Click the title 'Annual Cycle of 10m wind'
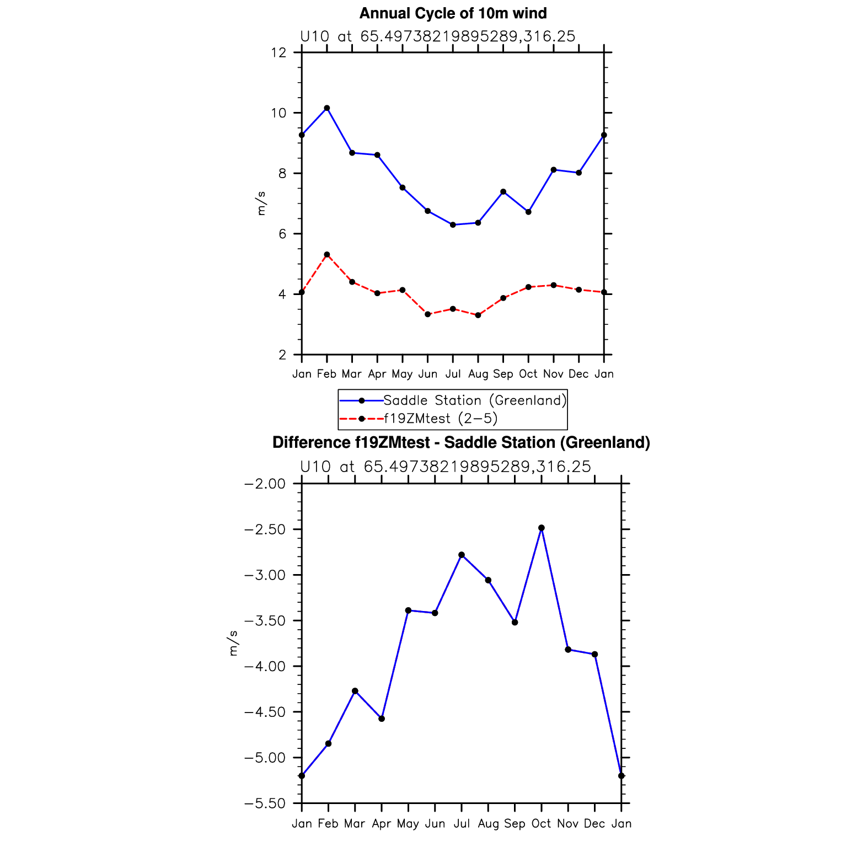[453, 13]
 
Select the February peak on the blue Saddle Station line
[327, 108]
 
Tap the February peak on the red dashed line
[327, 255]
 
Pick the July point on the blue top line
[453, 224]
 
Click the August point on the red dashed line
[478, 315]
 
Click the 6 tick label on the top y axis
[282, 234]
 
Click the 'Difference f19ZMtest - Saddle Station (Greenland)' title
[461, 443]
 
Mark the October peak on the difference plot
[542, 528]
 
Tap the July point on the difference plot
[462, 555]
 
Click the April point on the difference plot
[382, 719]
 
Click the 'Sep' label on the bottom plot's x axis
[515, 824]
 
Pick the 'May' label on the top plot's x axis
[402, 374]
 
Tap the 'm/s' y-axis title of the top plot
[261, 203]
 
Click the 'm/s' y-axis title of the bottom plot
[233, 643]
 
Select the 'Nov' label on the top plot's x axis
[553, 374]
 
